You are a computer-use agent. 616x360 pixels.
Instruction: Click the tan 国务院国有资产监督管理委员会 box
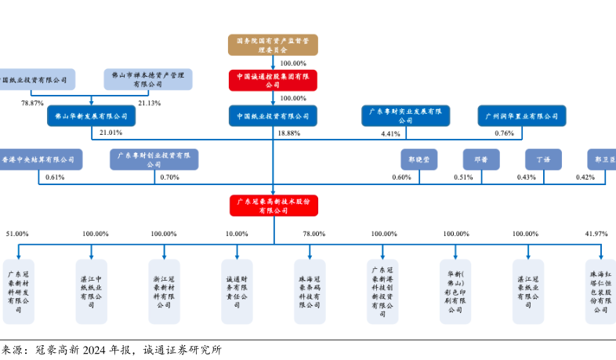[x=273, y=44]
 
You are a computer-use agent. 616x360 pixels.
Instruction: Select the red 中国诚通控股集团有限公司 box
[x=273, y=79]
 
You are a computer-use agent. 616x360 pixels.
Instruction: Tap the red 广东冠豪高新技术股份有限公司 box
[x=273, y=205]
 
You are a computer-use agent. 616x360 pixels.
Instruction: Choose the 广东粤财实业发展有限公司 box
[x=405, y=116]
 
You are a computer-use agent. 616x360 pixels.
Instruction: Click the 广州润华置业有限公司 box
[x=521, y=116]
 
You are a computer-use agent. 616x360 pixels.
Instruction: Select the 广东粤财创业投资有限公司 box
[x=154, y=159]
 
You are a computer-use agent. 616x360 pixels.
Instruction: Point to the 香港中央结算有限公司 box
[x=41, y=159]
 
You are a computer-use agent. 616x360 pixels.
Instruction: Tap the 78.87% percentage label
[x=32, y=103]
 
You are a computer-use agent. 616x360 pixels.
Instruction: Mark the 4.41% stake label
[x=390, y=134]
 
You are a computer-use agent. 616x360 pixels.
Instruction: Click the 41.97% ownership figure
[x=596, y=234]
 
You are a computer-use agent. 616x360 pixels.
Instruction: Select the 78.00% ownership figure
[x=313, y=234]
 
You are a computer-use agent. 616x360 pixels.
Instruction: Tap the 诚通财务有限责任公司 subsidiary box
[x=237, y=290]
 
